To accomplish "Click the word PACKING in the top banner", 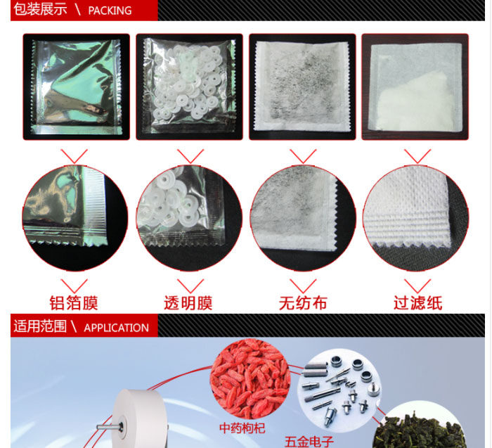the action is point(110,11).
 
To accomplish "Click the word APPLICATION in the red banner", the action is point(116,328).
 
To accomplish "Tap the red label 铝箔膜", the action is point(74,303).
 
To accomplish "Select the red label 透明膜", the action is point(188,303).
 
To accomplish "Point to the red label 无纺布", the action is point(303,303).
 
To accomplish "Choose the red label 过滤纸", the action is point(418,303).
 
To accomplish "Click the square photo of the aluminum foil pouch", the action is point(76,87).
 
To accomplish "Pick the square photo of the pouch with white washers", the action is point(189,87).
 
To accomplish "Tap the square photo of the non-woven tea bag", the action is point(302,87).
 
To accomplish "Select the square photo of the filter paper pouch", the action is point(415,87).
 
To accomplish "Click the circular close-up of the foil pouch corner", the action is point(75,218).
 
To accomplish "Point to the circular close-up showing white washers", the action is point(189,218).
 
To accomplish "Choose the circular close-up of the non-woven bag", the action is point(303,218).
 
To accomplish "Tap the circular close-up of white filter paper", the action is point(416,218).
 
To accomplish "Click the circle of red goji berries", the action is point(250,378).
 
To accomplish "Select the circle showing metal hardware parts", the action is point(339,390).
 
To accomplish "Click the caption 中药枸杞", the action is point(242,428).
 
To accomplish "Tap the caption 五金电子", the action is point(309,442).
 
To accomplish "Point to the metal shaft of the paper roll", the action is point(110,427).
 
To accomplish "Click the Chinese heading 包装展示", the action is point(40,8).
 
